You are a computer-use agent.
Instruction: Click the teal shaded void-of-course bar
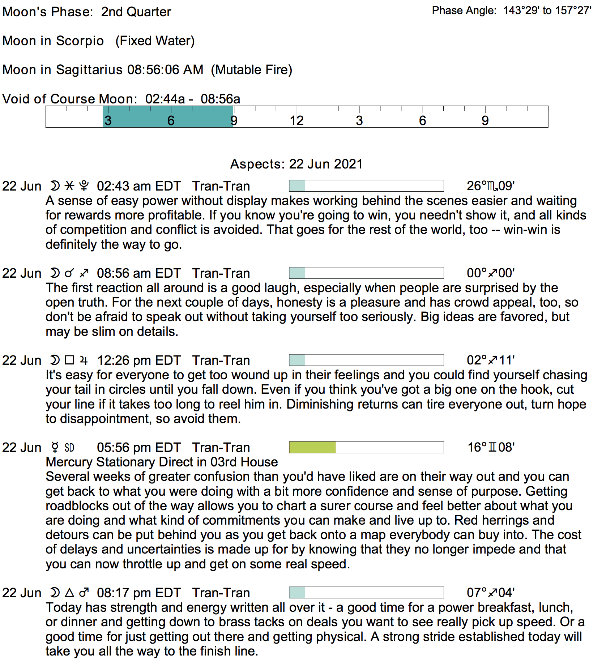(167, 116)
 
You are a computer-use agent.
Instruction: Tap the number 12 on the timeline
(296, 121)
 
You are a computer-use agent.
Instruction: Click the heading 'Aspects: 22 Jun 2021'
(296, 164)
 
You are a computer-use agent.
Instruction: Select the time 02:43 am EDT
(139, 186)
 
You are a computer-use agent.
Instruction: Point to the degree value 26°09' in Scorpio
(491, 186)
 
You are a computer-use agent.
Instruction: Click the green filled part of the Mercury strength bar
(312, 447)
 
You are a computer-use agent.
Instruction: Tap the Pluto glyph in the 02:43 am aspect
(84, 186)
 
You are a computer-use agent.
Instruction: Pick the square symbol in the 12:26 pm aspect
(69, 360)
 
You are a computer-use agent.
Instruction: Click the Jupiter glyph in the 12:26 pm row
(84, 360)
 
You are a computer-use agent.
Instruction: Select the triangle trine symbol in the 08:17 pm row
(69, 593)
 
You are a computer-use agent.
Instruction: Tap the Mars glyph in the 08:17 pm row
(84, 593)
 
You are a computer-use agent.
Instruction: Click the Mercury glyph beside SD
(55, 448)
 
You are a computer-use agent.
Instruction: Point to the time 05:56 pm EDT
(139, 448)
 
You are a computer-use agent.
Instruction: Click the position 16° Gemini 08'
(491, 448)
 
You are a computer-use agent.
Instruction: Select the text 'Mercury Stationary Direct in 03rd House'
(162, 462)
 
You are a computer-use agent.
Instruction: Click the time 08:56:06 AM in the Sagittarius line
(165, 70)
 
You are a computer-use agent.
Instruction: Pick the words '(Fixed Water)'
(155, 41)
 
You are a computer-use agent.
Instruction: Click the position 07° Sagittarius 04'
(491, 593)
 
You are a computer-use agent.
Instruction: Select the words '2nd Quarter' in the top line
(136, 12)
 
